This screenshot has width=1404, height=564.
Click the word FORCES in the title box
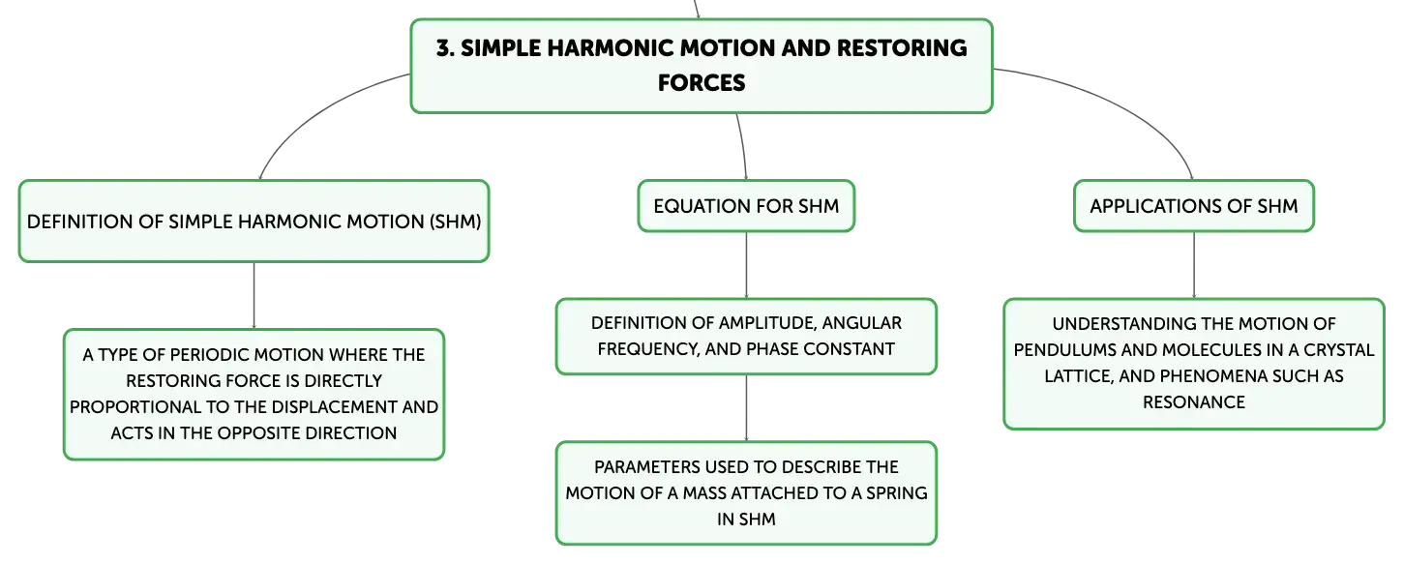(702, 83)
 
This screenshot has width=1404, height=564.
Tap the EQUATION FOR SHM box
(746, 206)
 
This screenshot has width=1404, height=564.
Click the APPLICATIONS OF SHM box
(1193, 206)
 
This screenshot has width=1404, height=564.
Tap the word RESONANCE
(1193, 402)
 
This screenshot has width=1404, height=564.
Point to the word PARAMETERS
(646, 467)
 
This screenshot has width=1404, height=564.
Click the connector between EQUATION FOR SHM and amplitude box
(746, 265)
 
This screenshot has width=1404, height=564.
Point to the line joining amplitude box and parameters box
(746, 408)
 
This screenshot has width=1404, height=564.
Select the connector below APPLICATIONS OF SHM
(1193, 265)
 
